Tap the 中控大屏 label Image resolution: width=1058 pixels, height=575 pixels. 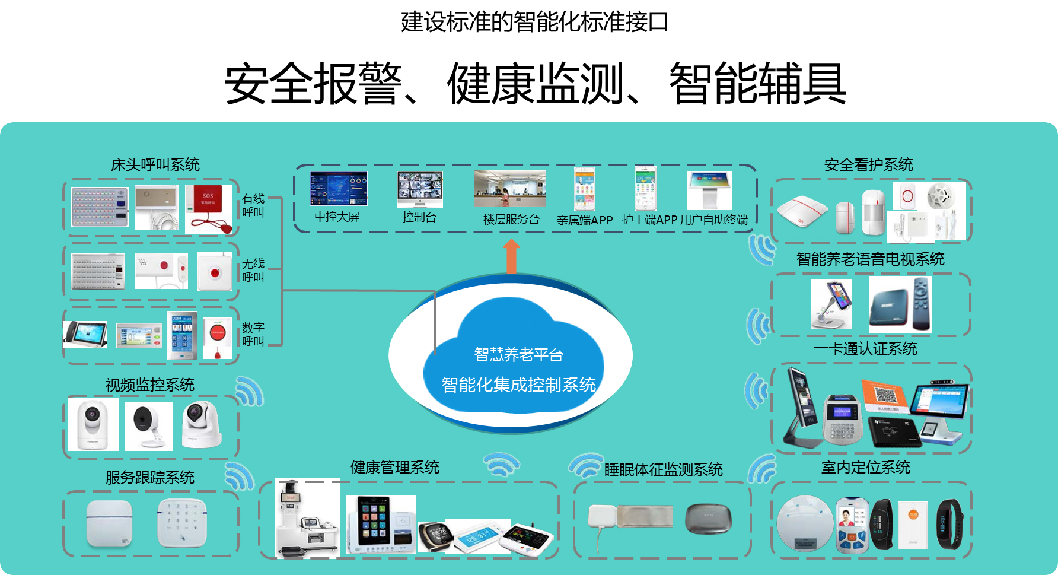click(337, 217)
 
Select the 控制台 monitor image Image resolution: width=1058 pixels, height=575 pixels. click(420, 189)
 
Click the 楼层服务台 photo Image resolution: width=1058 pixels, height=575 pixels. click(510, 188)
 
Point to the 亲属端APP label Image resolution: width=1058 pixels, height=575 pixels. click(585, 220)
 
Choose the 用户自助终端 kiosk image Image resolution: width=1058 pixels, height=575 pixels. click(709, 190)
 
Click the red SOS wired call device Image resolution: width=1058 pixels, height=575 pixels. click(208, 209)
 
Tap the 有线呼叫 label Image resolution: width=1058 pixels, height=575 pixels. click(253, 205)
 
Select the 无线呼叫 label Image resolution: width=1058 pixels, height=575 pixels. click(253, 270)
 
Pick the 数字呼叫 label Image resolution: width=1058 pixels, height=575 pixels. click(253, 334)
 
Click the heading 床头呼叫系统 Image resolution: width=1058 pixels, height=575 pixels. click(155, 165)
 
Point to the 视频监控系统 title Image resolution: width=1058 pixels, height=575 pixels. click(150, 385)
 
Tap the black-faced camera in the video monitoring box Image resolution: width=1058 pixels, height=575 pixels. click(149, 426)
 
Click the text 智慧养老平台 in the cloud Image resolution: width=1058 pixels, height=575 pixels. click(518, 355)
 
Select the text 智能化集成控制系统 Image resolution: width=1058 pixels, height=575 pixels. click(518, 385)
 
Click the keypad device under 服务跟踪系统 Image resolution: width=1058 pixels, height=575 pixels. click(182, 522)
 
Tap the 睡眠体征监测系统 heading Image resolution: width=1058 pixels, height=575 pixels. click(663, 470)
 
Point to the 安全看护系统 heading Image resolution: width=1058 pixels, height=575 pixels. click(868, 165)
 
